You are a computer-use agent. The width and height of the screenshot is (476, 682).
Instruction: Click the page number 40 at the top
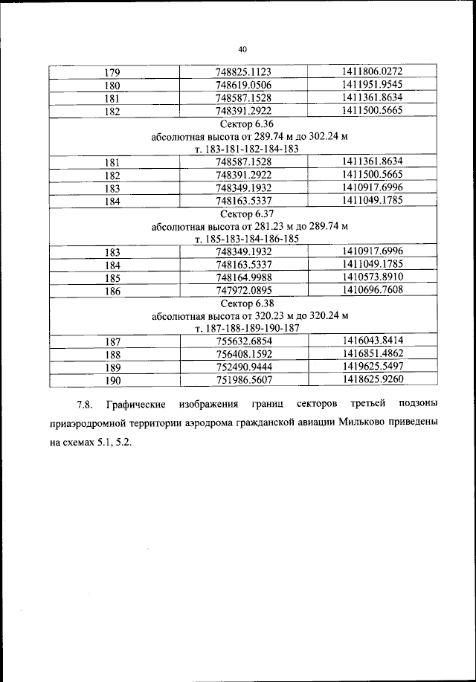click(242, 49)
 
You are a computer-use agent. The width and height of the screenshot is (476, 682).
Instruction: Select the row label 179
click(114, 73)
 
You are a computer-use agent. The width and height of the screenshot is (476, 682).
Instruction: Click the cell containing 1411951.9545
click(372, 85)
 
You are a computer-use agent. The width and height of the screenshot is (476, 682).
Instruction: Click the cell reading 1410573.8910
click(372, 277)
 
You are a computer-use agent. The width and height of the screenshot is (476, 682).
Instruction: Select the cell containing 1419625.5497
click(372, 367)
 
